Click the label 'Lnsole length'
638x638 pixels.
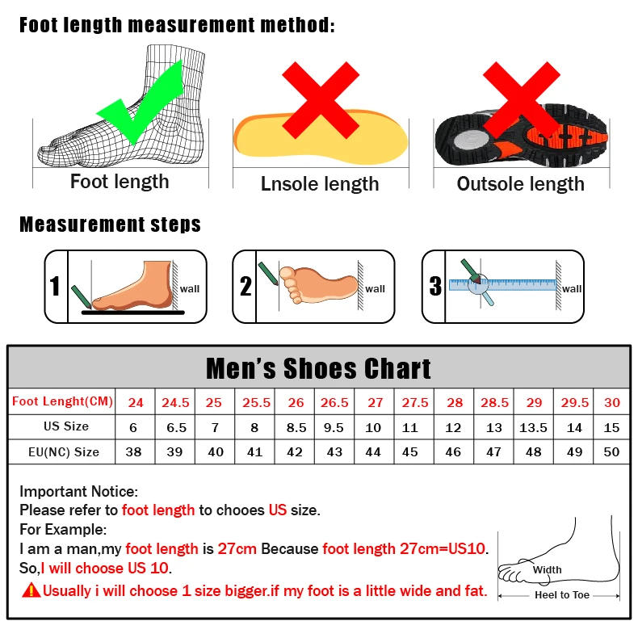320,184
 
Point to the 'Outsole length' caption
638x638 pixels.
520,184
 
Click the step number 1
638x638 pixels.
55,287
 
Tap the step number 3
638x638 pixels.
435,287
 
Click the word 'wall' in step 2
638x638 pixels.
376,289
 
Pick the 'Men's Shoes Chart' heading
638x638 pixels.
319,368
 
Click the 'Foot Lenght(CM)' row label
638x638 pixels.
62,401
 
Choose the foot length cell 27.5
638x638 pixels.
414,402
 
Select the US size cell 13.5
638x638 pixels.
533,427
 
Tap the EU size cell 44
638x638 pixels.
373,452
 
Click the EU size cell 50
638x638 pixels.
611,452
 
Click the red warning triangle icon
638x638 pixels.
31,590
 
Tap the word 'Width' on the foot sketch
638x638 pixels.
547,570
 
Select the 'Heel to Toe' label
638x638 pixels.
562,595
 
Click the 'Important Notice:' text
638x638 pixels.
79,491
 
